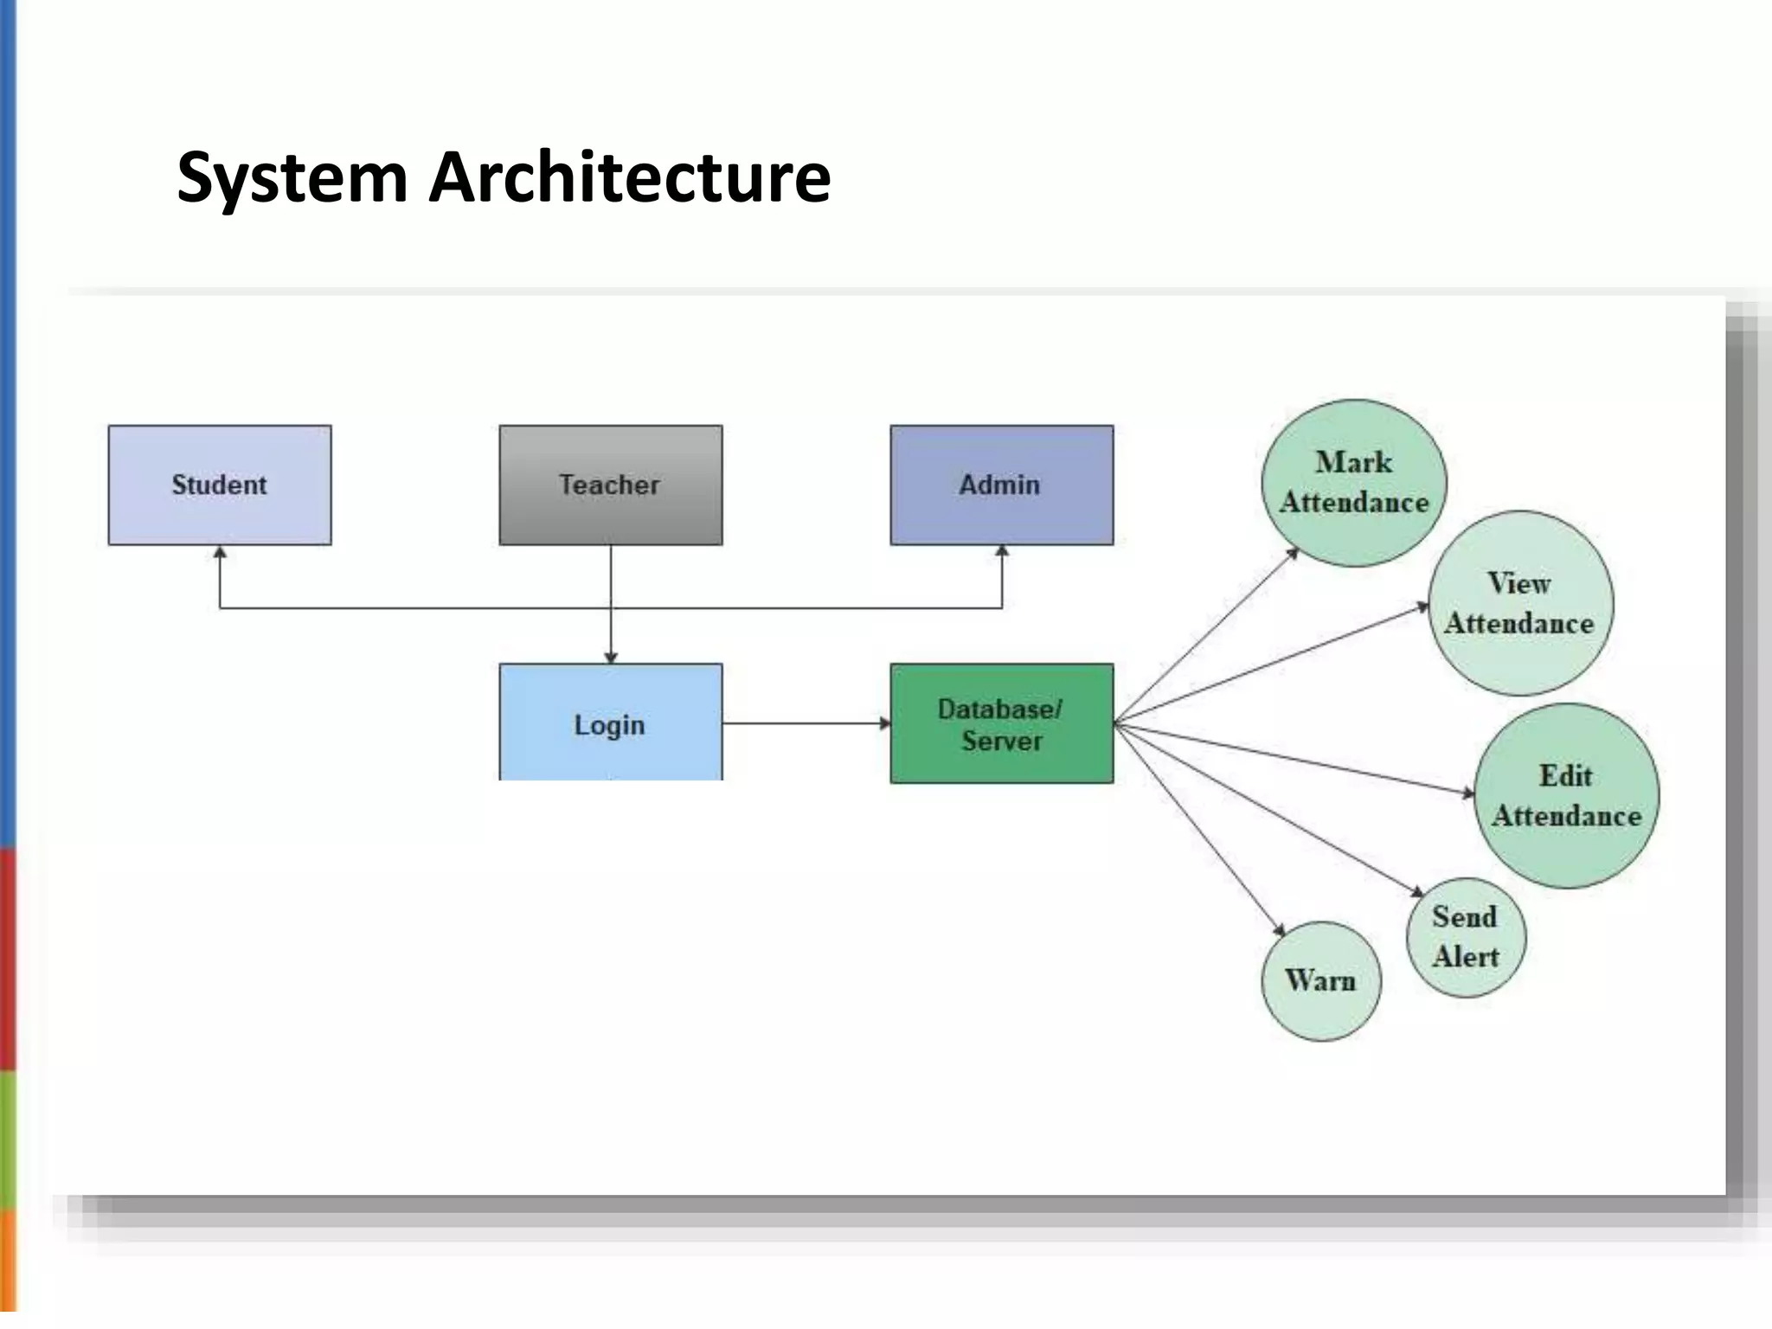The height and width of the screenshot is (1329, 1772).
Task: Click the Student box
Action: [x=220, y=485]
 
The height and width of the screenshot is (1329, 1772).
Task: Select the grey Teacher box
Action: [x=610, y=485]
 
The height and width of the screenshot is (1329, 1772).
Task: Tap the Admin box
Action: [x=1001, y=485]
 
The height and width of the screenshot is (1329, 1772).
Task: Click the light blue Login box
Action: [x=610, y=723]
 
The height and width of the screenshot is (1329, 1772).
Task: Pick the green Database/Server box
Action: [x=1001, y=723]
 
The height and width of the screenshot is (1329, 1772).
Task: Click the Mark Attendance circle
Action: [x=1353, y=483]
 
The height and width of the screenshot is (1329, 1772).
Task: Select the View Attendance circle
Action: [x=1520, y=603]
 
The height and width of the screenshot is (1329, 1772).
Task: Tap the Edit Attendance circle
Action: [x=1566, y=795]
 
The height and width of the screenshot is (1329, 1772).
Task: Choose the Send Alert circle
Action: [x=1466, y=937]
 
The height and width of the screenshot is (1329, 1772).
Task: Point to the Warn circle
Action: [x=1321, y=980]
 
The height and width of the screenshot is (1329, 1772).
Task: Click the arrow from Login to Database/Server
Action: [x=805, y=722]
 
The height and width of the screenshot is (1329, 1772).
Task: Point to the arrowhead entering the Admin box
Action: [x=1002, y=552]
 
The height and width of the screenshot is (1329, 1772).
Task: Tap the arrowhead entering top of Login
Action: [x=611, y=658]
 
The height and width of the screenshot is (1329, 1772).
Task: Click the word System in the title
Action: [x=292, y=177]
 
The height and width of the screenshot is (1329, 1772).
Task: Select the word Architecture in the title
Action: [x=629, y=177]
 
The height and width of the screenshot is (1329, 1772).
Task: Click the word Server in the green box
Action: [x=1002, y=742]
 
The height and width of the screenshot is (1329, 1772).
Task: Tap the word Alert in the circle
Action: [x=1466, y=957]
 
